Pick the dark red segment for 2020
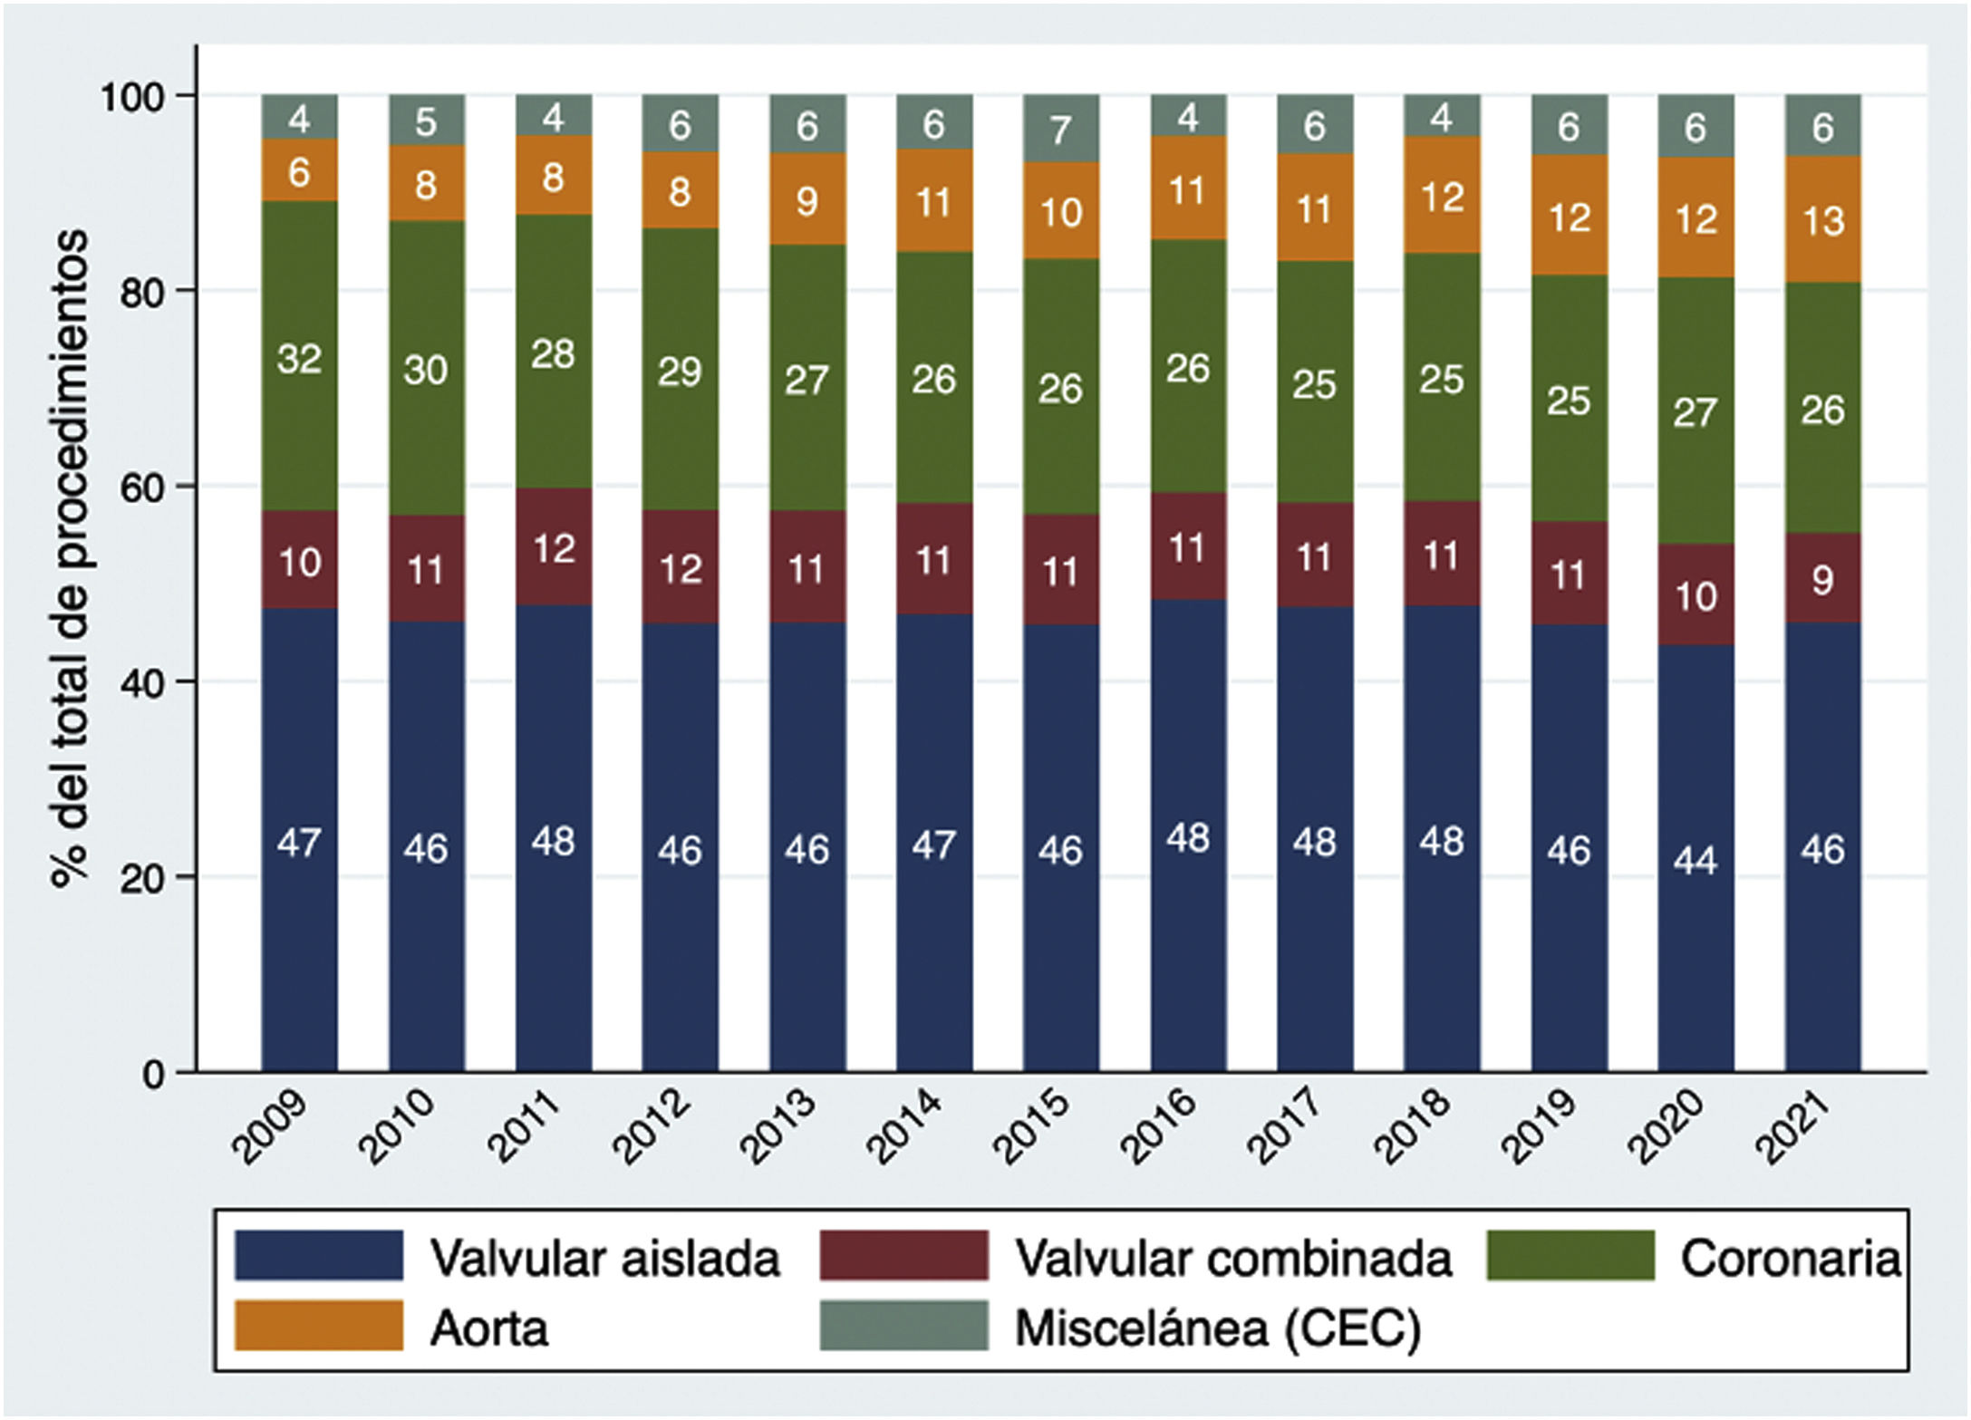pyautogui.click(x=1696, y=594)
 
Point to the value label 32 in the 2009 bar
pyautogui.click(x=299, y=360)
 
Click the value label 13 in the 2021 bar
pyautogui.click(x=1822, y=221)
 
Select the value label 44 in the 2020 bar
pyautogui.click(x=1696, y=860)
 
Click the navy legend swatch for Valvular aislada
pyautogui.click(x=318, y=1255)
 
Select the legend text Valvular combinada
pyautogui.click(x=1232, y=1258)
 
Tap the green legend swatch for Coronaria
pyautogui.click(x=1570, y=1255)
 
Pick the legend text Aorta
pyautogui.click(x=489, y=1328)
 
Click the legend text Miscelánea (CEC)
pyautogui.click(x=1217, y=1328)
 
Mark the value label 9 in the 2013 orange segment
pyautogui.click(x=807, y=200)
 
